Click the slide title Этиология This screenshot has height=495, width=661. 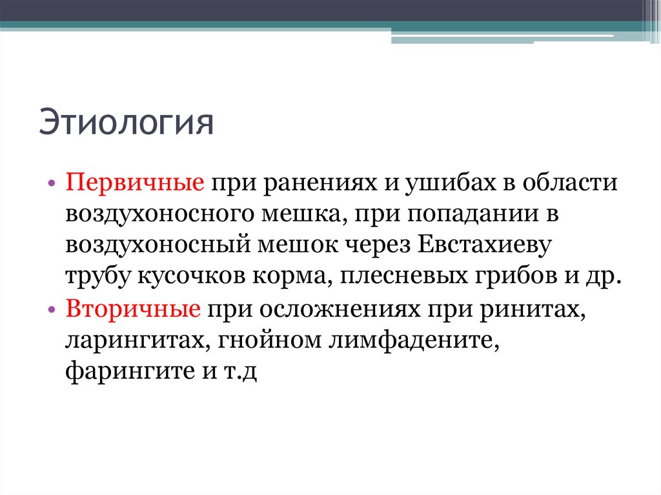(126, 124)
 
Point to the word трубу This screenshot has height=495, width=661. (97, 278)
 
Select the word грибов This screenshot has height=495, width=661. (509, 278)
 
